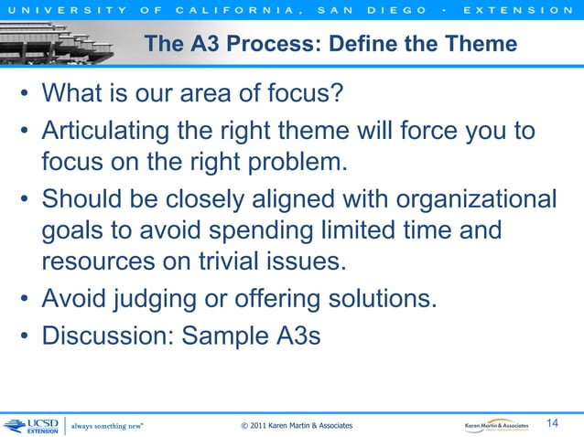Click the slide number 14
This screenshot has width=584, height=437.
tap(553, 422)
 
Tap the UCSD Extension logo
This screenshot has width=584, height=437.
tap(31, 425)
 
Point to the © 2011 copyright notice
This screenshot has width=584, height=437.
tap(296, 426)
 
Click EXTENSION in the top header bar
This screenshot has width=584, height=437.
tap(525, 10)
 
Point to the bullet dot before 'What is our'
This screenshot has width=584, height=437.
tap(27, 94)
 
